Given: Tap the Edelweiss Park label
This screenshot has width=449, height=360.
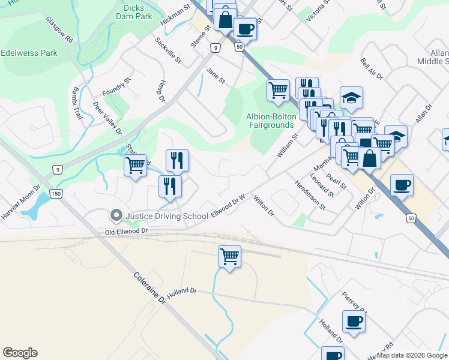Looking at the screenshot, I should (x=29, y=53).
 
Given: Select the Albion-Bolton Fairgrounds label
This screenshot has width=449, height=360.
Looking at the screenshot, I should (x=270, y=121).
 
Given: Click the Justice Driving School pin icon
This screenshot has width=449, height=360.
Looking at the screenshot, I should (x=116, y=214).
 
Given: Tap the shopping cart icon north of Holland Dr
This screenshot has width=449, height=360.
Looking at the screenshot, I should (x=229, y=257).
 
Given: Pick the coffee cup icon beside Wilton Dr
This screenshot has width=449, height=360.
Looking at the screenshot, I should (x=402, y=185).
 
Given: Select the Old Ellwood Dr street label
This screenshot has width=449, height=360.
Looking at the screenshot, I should (x=125, y=231).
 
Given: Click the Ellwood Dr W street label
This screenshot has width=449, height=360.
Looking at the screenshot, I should (x=229, y=206).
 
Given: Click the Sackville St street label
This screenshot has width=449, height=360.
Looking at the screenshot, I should (x=167, y=50).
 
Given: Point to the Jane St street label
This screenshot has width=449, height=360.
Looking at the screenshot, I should (x=215, y=76).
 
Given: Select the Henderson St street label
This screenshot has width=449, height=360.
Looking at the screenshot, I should (x=310, y=195).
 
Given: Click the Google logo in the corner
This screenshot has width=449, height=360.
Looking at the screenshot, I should (x=20, y=353).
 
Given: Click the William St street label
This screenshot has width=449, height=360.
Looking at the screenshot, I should (x=288, y=146).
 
